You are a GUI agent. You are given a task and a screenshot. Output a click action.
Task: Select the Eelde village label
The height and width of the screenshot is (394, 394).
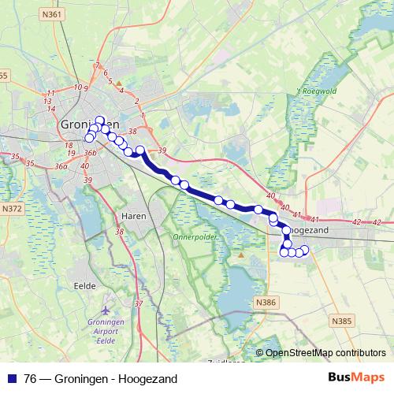tap(84, 285)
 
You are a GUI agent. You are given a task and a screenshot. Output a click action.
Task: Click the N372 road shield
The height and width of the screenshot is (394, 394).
tap(12, 209)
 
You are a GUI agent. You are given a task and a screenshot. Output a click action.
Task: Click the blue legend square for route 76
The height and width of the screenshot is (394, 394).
tap(12, 378)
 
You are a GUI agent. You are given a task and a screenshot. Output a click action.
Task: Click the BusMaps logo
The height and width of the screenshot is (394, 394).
tap(359, 377)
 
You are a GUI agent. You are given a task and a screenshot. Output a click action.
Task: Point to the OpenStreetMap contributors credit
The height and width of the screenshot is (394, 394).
tap(325, 352)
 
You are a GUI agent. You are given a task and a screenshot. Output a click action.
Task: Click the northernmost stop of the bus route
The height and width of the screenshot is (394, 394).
tap(100, 121)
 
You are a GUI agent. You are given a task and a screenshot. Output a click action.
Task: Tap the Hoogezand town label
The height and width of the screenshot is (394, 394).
tap(310, 229)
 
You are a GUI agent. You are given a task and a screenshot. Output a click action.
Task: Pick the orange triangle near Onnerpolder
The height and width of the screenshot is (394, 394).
tap(240, 255)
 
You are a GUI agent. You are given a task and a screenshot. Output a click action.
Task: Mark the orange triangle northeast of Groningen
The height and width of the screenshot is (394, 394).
tap(119, 82)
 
